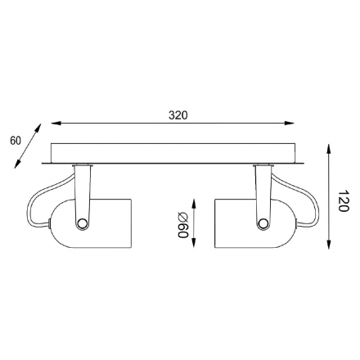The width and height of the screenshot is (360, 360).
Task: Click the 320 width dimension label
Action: coord(178,115)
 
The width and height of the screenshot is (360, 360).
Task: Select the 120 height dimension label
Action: coord(344,200)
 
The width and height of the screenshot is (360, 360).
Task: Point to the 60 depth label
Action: coord(16,141)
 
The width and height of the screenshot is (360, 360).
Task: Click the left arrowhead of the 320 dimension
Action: coord(56,124)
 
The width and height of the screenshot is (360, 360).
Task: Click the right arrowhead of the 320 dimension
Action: coord(290,124)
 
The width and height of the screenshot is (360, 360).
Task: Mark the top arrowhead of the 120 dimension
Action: coord(329,149)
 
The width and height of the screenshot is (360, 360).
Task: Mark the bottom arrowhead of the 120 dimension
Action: coord(329,244)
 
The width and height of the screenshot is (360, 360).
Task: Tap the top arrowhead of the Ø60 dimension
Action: coord(194,204)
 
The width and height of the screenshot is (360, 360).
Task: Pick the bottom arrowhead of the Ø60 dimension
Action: coord(194,242)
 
